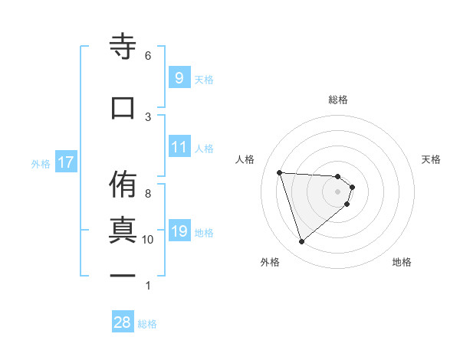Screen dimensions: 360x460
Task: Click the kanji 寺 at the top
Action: (123, 47)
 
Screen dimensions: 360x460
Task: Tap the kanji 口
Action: (123, 107)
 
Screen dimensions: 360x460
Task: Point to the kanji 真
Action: (123, 230)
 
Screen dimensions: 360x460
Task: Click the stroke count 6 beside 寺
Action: (148, 55)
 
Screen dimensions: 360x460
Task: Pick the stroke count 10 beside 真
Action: (148, 239)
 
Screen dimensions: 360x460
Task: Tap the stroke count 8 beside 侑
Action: (148, 193)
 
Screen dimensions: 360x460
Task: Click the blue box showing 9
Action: (179, 78)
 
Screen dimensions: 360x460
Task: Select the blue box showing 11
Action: (179, 147)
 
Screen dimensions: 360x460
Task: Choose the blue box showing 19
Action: (179, 231)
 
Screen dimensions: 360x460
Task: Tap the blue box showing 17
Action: (65, 162)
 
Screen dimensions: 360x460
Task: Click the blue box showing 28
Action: (123, 322)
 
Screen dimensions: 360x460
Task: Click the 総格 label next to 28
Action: (147, 324)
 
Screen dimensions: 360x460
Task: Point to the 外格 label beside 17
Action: (41, 163)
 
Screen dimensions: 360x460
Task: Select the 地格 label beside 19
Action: (204, 233)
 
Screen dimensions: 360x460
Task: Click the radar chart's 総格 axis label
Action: (338, 100)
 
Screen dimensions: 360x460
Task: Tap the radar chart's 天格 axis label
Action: (431, 159)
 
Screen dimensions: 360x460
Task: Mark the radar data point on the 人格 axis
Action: (280, 172)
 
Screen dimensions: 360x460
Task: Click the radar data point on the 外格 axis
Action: (302, 242)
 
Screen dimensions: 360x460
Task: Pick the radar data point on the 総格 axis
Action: (338, 176)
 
